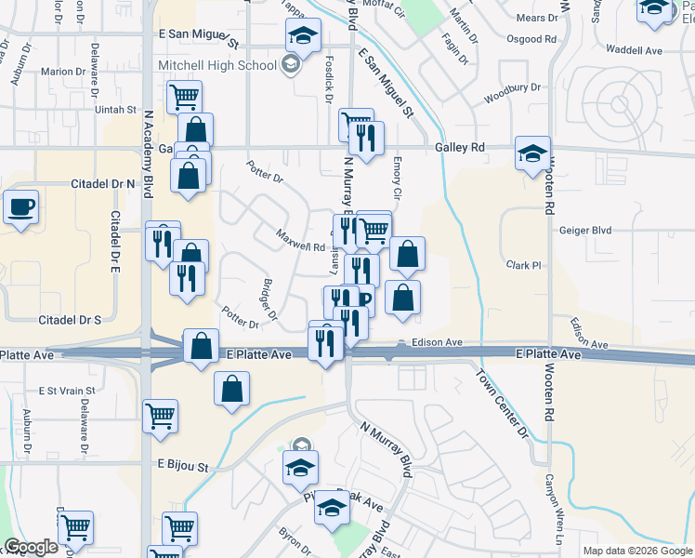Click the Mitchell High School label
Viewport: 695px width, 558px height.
[217, 65]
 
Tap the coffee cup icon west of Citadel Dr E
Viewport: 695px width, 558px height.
[20, 207]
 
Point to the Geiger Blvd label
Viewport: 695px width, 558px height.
[585, 230]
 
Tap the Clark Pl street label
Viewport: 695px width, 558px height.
[523, 265]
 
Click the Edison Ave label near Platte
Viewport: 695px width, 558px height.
[438, 342]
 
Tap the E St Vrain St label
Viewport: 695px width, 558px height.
[67, 391]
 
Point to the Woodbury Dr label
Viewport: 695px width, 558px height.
[512, 94]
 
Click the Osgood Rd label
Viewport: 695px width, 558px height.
[531, 40]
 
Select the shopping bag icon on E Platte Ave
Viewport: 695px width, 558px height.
[201, 346]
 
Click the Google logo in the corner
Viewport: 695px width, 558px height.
[31, 548]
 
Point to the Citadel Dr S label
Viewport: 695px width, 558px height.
[70, 320]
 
